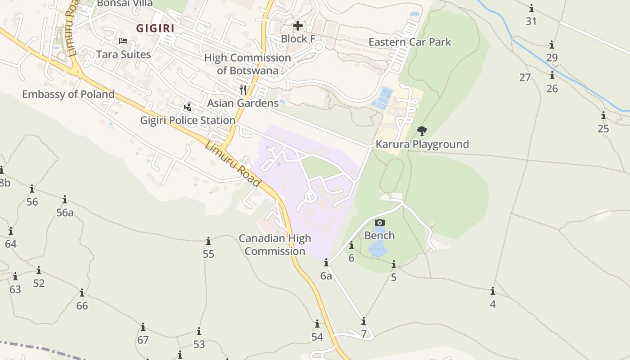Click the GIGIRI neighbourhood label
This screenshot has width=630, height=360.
(x=155, y=28)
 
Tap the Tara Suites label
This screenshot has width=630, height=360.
(x=123, y=54)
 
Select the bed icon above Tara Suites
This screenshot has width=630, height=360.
(x=123, y=41)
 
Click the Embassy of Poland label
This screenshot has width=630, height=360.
(x=68, y=94)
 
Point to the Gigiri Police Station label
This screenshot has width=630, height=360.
(x=188, y=121)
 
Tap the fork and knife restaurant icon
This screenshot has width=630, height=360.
(x=243, y=90)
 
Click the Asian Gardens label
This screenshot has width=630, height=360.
(x=243, y=103)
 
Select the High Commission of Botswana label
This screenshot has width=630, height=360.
(x=247, y=64)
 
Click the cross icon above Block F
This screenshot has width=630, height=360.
(x=297, y=26)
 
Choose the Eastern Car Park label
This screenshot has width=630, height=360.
(x=409, y=42)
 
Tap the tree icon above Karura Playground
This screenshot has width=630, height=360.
(x=422, y=131)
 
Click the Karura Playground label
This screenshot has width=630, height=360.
(x=422, y=144)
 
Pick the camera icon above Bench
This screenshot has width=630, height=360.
(x=379, y=222)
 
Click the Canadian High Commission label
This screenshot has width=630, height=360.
(x=275, y=244)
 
